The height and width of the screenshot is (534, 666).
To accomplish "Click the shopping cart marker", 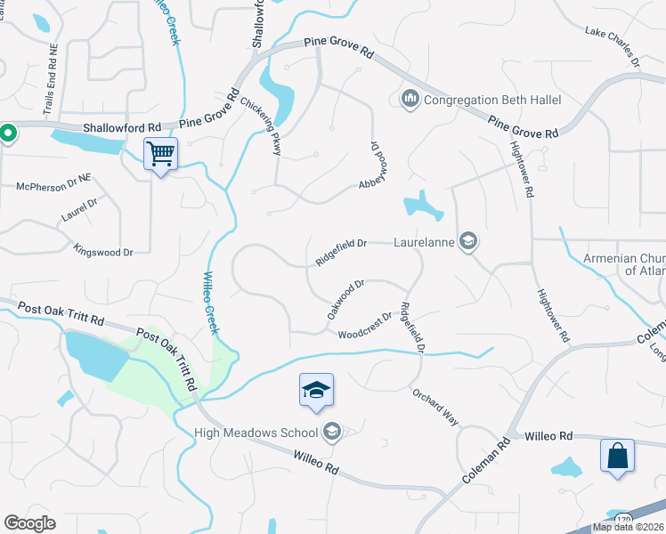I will coord(160,154).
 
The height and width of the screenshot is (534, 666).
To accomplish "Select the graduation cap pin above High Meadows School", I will coord(316,391).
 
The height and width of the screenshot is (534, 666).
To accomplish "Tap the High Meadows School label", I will coord(256,433).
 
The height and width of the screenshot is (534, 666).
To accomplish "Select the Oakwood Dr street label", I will coord(346,299).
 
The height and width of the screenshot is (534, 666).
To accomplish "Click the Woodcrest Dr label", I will coord(365,327).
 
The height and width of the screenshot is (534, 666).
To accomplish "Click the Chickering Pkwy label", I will coord(260,125).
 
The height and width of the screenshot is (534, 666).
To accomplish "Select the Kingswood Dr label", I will coord(103,250).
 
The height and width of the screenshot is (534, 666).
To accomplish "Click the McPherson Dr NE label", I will coord(53,183).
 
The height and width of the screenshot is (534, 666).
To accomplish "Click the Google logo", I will coord(29,522).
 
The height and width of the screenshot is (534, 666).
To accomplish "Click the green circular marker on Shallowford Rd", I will coord(7,134).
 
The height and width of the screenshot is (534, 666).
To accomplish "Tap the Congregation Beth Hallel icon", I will coord(410,97).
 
